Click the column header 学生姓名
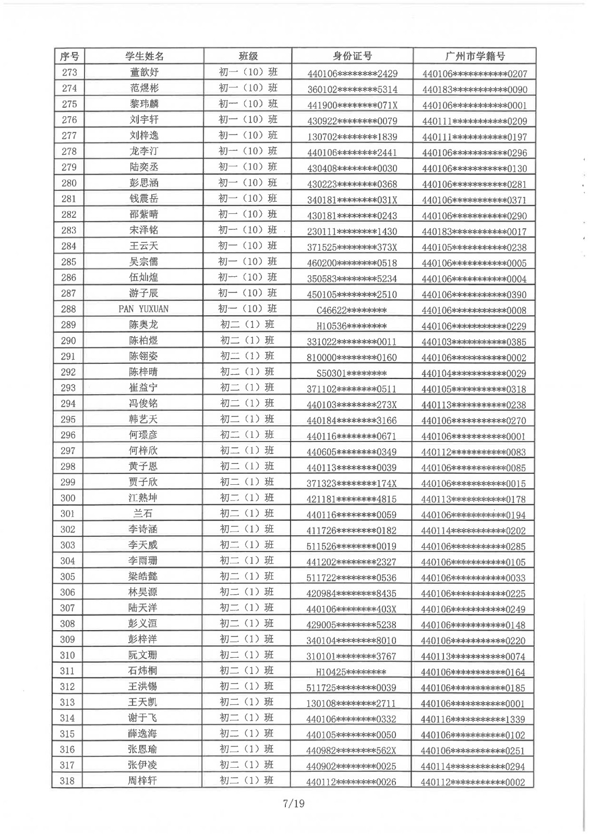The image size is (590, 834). click(x=144, y=56)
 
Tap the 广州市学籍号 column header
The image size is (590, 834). click(x=475, y=56)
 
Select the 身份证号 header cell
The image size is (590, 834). click(x=352, y=56)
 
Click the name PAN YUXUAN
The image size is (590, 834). click(x=143, y=309)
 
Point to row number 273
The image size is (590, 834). click(x=69, y=72)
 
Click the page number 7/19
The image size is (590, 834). click(x=293, y=803)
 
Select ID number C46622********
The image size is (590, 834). click(x=352, y=310)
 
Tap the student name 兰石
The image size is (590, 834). click(x=143, y=514)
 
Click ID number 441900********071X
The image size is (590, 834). click(x=352, y=105)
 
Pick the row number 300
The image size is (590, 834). click(x=68, y=498)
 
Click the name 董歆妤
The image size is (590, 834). click(x=144, y=72)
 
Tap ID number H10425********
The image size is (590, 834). click(x=351, y=672)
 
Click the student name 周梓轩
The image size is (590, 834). click(x=142, y=781)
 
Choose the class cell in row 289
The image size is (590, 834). click(x=247, y=325)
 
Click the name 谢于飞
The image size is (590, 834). click(x=142, y=718)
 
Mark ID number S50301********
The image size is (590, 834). click(x=352, y=373)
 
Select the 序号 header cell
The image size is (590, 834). click(x=69, y=56)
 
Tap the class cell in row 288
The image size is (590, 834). click(x=248, y=309)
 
